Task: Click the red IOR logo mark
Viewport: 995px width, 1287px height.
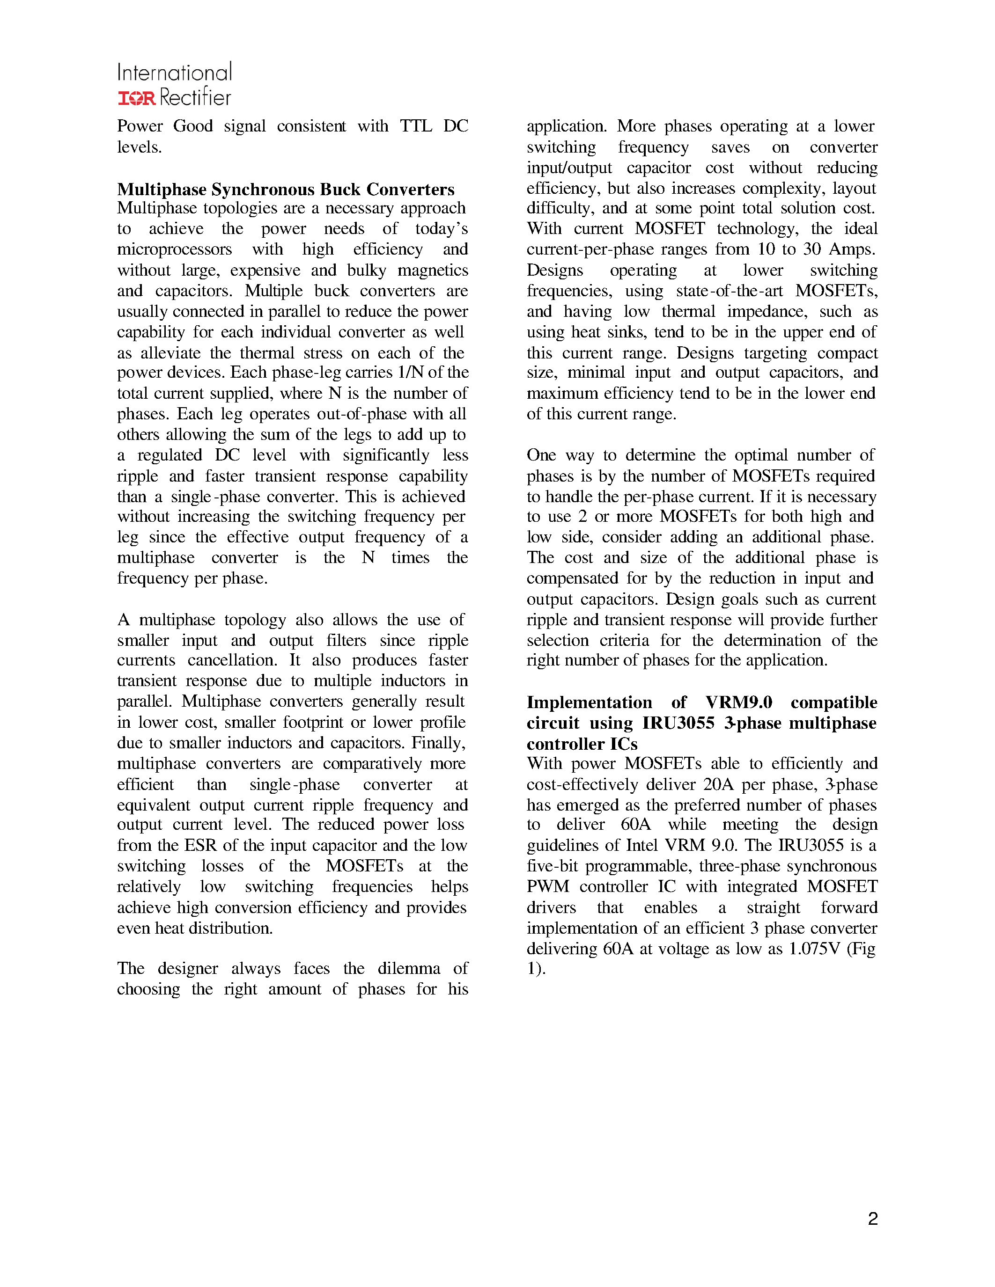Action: click(137, 98)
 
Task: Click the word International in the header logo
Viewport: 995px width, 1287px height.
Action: click(175, 73)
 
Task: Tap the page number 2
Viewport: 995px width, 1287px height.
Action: click(873, 1219)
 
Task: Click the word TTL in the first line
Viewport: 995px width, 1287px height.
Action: click(416, 126)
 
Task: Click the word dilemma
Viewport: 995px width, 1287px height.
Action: click(409, 968)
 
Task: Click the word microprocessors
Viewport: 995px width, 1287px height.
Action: click(175, 249)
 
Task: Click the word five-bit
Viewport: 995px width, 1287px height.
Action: click(553, 866)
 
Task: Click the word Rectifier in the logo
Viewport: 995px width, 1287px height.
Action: click(195, 98)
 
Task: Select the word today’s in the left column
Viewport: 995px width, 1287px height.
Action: click(442, 229)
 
